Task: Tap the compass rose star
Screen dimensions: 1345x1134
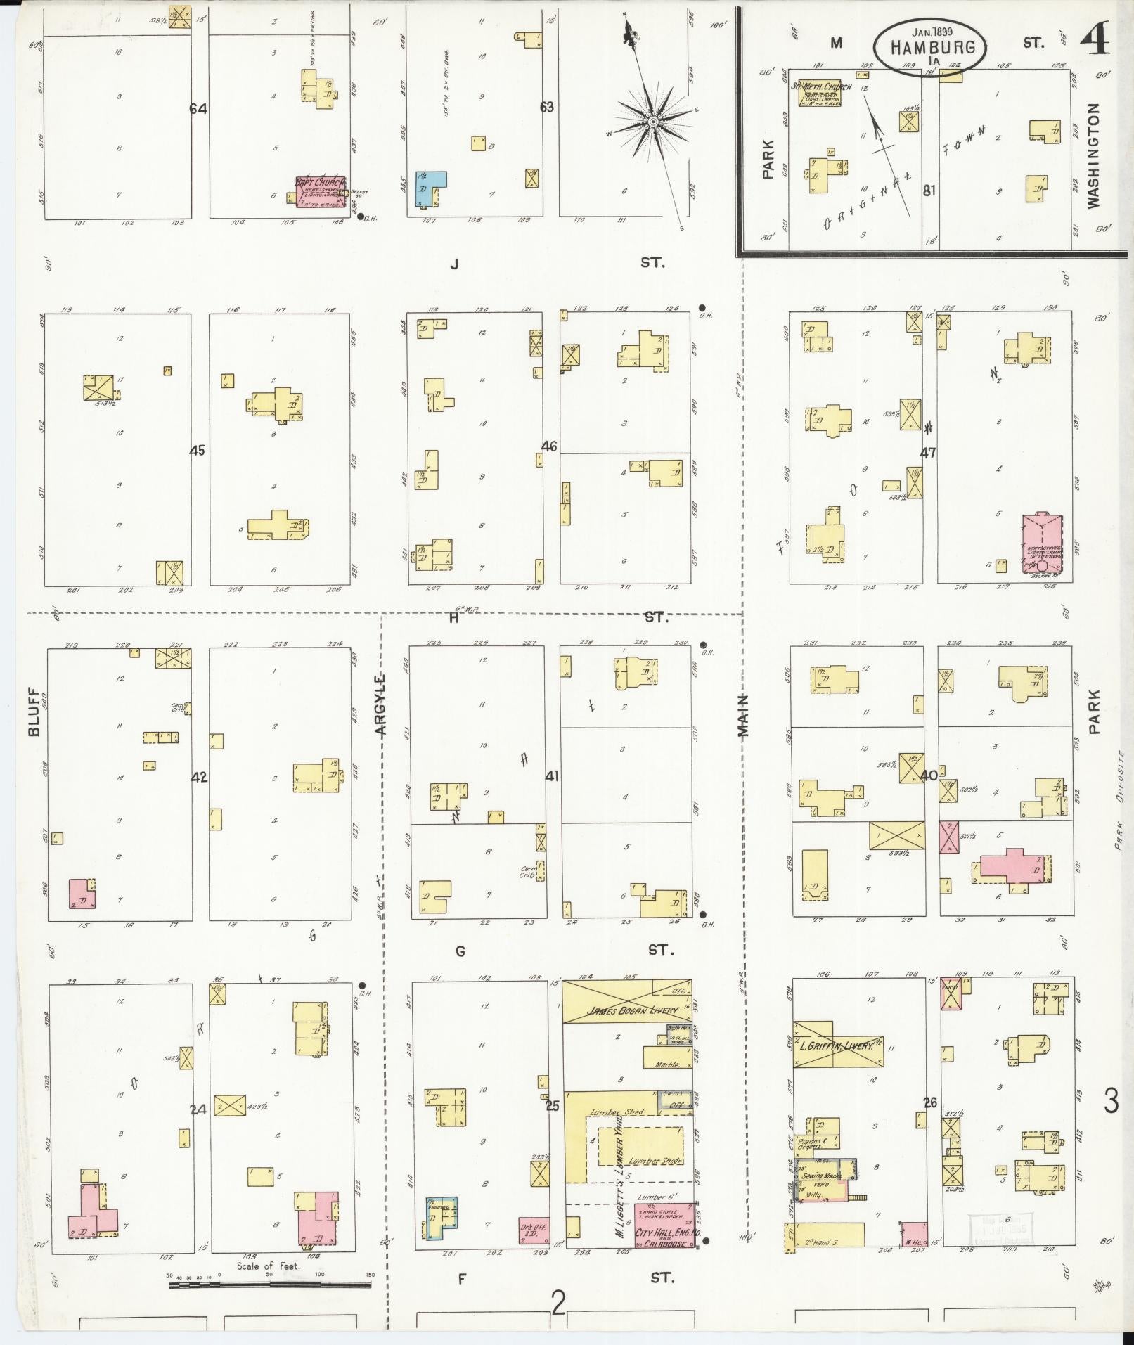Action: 653,122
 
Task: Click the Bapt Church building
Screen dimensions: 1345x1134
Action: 321,191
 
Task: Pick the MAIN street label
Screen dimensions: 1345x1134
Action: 743,715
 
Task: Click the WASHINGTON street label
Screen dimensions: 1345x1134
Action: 1093,156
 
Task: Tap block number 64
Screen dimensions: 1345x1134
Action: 198,108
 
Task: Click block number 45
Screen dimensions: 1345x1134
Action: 197,450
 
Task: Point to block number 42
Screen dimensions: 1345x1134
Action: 200,777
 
